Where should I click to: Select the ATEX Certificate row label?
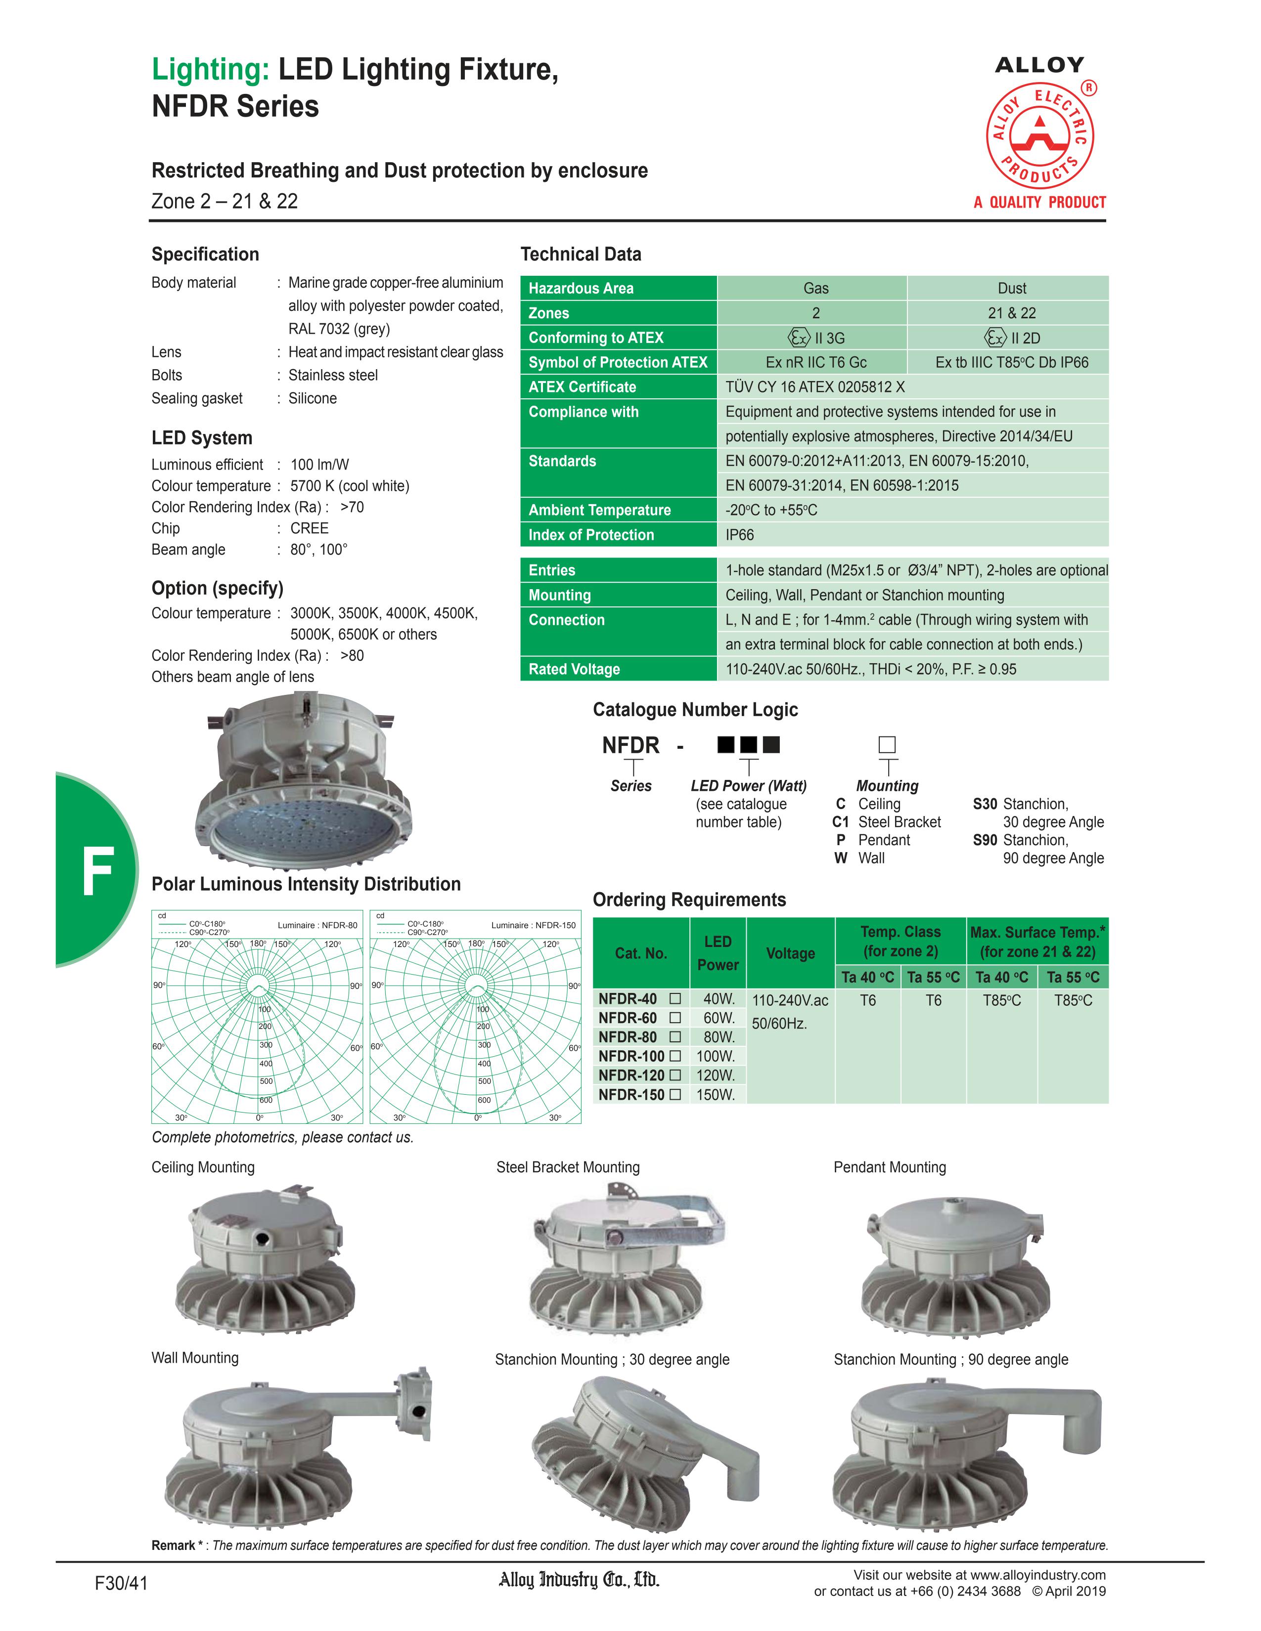click(582, 387)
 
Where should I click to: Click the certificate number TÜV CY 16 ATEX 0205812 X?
click(815, 387)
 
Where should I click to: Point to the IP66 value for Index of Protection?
click(740, 535)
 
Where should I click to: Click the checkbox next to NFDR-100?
click(676, 1056)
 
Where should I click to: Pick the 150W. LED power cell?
click(716, 1095)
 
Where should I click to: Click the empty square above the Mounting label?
click(887, 744)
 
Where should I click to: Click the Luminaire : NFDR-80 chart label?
click(317, 925)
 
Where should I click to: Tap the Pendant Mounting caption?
click(890, 1167)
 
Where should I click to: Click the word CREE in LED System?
click(309, 528)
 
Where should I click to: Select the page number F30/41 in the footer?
click(121, 1583)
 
